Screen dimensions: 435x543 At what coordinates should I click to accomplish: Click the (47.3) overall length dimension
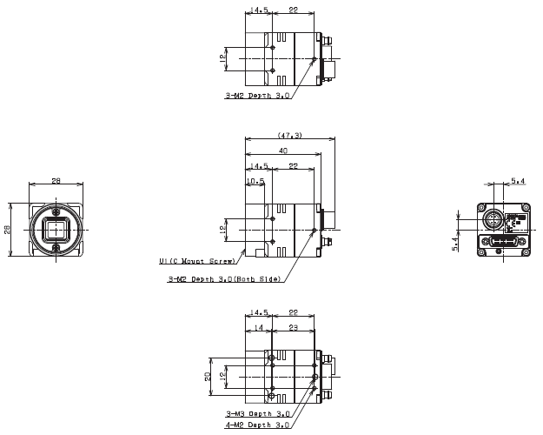[289, 136]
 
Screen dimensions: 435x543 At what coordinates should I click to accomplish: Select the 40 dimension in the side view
[283, 151]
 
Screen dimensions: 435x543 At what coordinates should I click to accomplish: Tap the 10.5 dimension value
[255, 181]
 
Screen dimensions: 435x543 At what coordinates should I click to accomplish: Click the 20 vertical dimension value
[209, 376]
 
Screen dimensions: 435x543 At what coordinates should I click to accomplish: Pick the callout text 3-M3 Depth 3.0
[257, 414]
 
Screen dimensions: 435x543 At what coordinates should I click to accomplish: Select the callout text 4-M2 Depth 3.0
[257, 425]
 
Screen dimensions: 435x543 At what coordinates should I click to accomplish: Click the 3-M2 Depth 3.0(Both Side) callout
[224, 280]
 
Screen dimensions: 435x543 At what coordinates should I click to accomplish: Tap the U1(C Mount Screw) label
[197, 260]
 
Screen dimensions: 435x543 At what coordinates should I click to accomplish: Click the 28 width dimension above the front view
[56, 181]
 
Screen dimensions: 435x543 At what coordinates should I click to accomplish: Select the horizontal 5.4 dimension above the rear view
[518, 181]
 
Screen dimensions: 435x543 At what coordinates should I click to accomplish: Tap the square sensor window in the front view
[56, 231]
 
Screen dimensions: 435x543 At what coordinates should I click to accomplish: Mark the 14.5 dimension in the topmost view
[258, 10]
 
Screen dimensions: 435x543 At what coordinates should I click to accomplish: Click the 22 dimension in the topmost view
[293, 10]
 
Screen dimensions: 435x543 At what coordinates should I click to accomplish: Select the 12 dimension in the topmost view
[222, 58]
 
